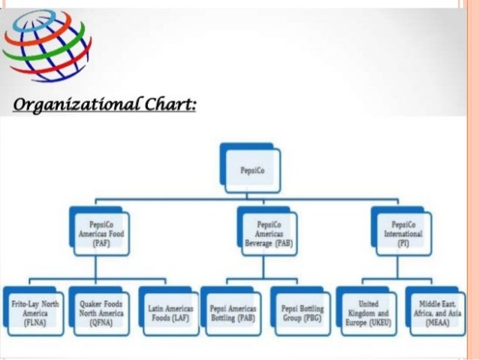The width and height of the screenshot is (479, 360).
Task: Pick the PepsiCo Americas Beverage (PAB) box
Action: pos(268,234)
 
